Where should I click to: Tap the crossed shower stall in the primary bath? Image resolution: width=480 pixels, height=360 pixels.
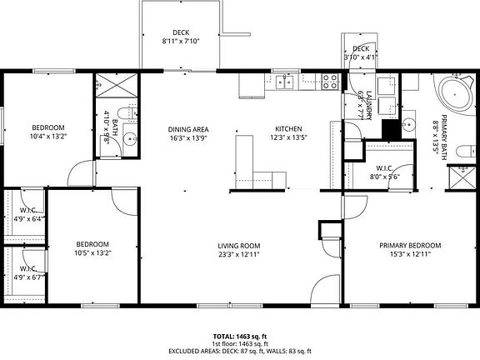point(462,179)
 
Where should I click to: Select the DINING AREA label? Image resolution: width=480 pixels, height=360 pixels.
point(188,129)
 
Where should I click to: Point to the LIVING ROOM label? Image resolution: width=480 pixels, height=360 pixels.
point(239,245)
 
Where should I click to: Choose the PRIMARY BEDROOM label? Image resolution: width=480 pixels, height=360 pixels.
point(410,245)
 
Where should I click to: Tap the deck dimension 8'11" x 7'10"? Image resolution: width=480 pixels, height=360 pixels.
point(181,41)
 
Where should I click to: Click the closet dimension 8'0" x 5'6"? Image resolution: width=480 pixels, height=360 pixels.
point(384,177)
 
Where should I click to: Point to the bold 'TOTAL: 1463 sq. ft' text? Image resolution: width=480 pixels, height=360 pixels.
point(239,337)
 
